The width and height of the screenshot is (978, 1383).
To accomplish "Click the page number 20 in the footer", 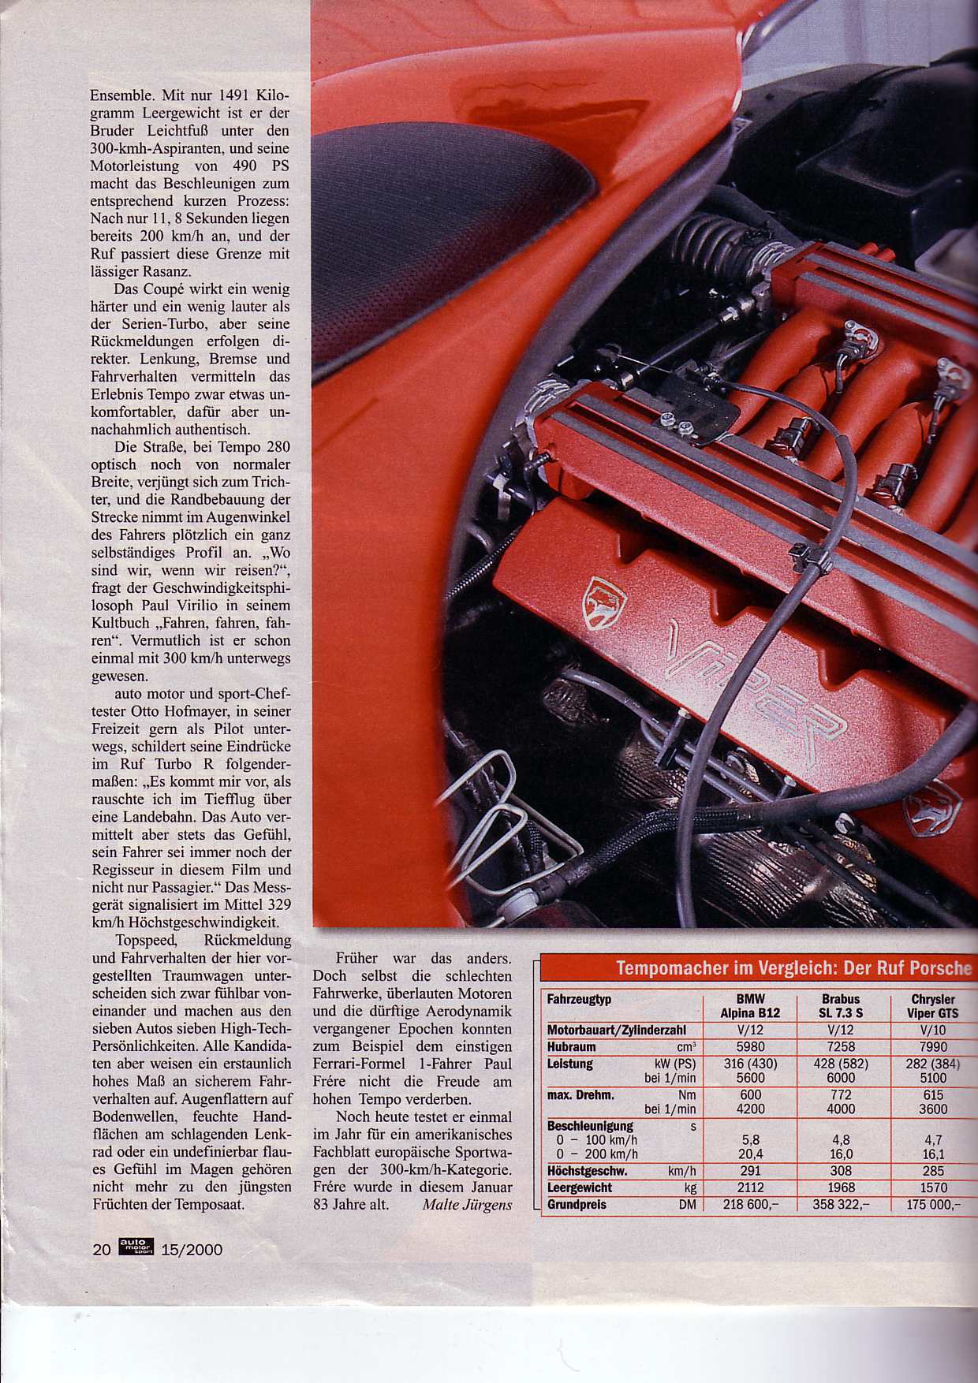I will (101, 1250).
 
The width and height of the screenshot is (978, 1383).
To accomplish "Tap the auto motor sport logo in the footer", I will (136, 1247).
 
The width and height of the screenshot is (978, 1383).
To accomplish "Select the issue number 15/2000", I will (192, 1250).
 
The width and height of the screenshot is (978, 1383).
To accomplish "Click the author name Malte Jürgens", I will (467, 1205).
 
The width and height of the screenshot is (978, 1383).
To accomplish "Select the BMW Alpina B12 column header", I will (750, 1006).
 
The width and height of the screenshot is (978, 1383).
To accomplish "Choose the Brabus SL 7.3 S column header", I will (840, 1006).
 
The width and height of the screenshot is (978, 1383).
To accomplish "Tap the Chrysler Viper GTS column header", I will (932, 1006).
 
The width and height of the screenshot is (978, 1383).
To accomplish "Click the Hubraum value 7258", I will (841, 1047).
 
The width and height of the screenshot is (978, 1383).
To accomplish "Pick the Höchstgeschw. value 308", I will (841, 1171).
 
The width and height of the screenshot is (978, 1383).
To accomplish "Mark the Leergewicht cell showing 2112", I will (750, 1187).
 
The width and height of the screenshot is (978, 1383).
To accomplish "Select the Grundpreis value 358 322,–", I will (841, 1205).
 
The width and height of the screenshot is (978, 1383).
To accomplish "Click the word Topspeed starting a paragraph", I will (147, 941).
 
